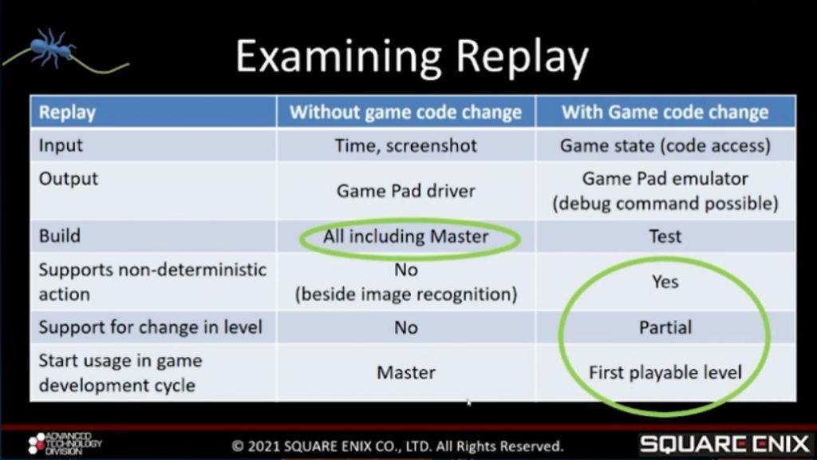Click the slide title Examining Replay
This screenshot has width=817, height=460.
[412, 57]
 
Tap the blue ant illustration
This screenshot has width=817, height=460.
[52, 48]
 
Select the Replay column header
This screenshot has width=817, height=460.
[67, 112]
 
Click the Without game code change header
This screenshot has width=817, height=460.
[405, 112]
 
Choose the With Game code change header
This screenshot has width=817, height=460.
[665, 112]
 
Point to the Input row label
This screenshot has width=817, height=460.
[61, 145]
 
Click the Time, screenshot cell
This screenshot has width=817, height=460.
[405, 145]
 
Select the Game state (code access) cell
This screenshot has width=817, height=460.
[665, 145]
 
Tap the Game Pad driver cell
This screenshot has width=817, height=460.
[405, 191]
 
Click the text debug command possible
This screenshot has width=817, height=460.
[665, 204]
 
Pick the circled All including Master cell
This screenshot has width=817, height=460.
[405, 236]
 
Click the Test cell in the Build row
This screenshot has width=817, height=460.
[665, 236]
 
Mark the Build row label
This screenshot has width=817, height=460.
[59, 236]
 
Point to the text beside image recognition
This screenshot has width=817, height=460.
[406, 294]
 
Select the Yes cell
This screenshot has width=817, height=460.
[665, 282]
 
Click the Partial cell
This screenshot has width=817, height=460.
[665, 327]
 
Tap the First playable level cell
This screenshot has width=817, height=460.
[665, 372]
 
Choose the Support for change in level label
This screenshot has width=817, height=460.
[150, 327]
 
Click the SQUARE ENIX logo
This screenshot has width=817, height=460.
[724, 444]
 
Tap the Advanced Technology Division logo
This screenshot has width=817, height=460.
[65, 443]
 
